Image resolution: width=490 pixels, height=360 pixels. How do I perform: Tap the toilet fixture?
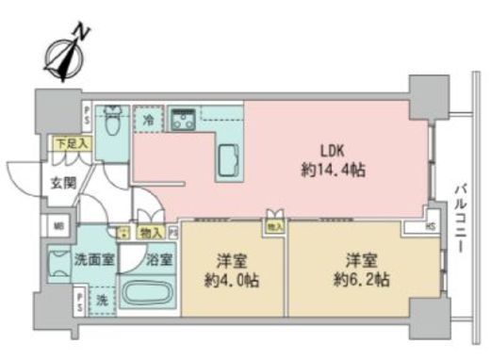[x=111, y=119]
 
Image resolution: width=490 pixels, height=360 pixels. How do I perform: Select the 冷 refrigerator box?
[x=149, y=121]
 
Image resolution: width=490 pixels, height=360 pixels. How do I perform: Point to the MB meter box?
[x=58, y=226]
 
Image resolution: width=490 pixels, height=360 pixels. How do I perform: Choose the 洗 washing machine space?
[x=101, y=301]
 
